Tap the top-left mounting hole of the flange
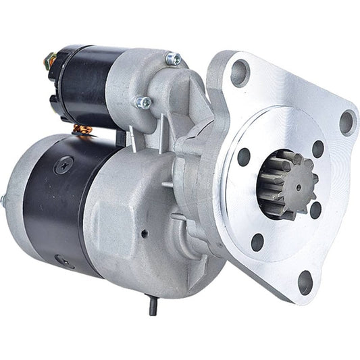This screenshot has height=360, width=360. [x=240, y=73]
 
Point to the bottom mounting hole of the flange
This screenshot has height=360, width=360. [x=305, y=281]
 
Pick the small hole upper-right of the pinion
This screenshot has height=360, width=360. [x=318, y=149]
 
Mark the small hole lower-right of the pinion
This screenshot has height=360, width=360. [x=315, y=210]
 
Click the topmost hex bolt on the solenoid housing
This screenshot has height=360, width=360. [x=174, y=59]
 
